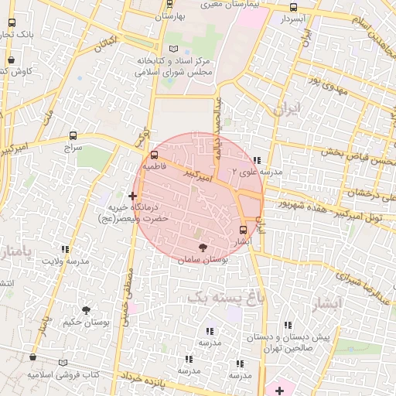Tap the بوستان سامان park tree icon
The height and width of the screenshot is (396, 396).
(x=203, y=247)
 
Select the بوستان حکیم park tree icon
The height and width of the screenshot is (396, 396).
(x=87, y=310)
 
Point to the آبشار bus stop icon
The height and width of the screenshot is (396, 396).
(x=244, y=230)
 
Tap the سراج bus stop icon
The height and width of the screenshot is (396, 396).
(x=73, y=135)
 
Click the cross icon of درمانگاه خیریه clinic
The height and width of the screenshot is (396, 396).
(x=133, y=197)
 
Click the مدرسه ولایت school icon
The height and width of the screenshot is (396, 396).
(x=65, y=250)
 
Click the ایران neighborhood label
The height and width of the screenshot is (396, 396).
(x=285, y=110)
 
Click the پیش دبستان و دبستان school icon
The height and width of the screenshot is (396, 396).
(x=288, y=324)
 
